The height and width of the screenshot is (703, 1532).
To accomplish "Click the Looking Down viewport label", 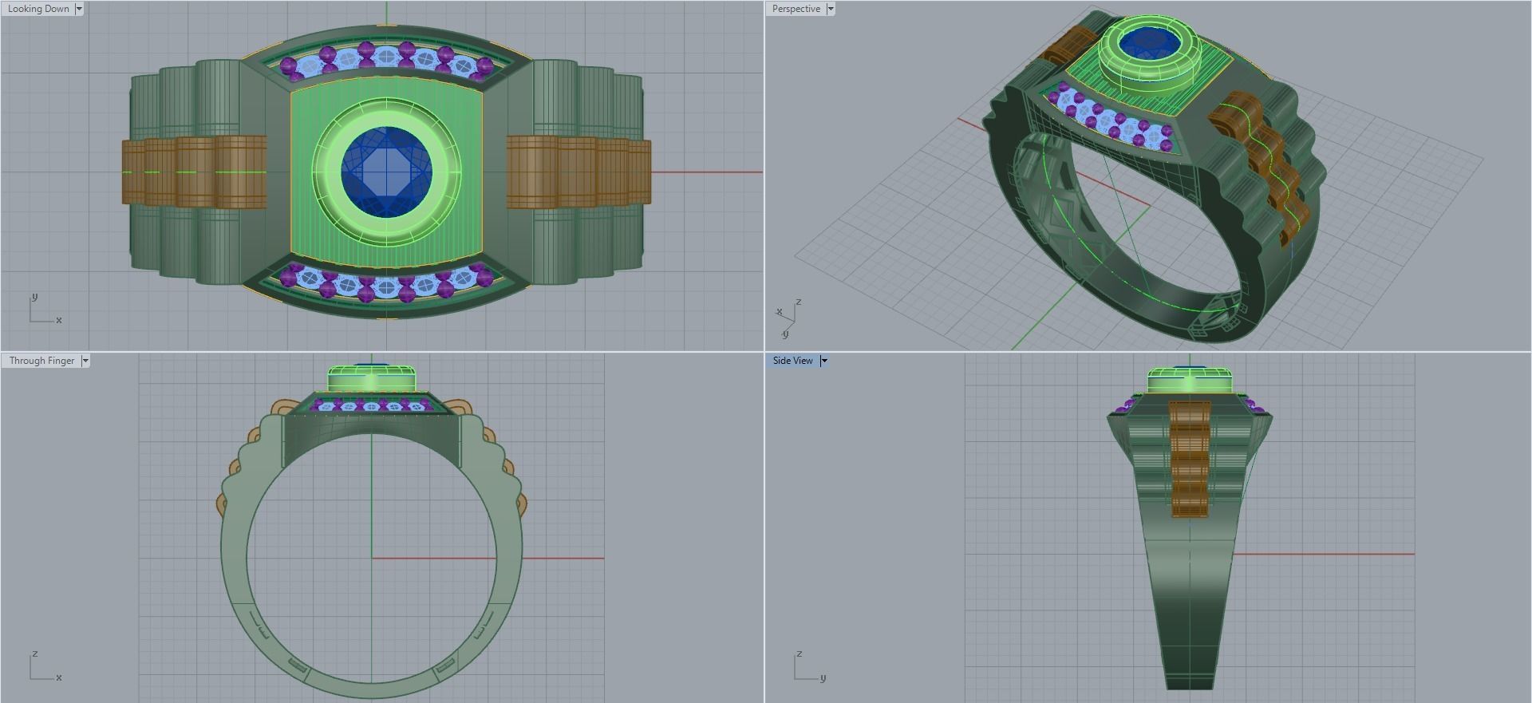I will (x=38, y=9).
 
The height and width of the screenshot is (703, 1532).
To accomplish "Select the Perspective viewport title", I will (x=796, y=9).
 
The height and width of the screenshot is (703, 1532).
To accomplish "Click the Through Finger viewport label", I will (x=41, y=361).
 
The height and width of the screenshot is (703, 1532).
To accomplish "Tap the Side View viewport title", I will (x=792, y=361).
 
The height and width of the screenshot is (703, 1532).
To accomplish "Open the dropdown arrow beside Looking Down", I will (x=79, y=9).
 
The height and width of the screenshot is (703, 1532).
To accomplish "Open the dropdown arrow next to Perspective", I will (x=831, y=9).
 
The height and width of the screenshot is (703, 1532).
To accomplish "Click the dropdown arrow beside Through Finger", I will (x=85, y=361).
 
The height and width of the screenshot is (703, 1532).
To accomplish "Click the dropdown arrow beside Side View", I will (x=824, y=361).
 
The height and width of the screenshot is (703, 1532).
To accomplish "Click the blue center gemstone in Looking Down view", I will (x=386, y=172).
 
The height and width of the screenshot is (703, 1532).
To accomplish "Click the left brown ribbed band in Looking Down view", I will (x=194, y=172).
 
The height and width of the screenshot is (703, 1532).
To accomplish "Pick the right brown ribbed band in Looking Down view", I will (x=578, y=172).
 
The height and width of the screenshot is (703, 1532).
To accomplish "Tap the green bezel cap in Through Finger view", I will (x=372, y=379).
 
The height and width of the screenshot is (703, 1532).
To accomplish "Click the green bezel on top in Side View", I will (x=1189, y=381).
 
